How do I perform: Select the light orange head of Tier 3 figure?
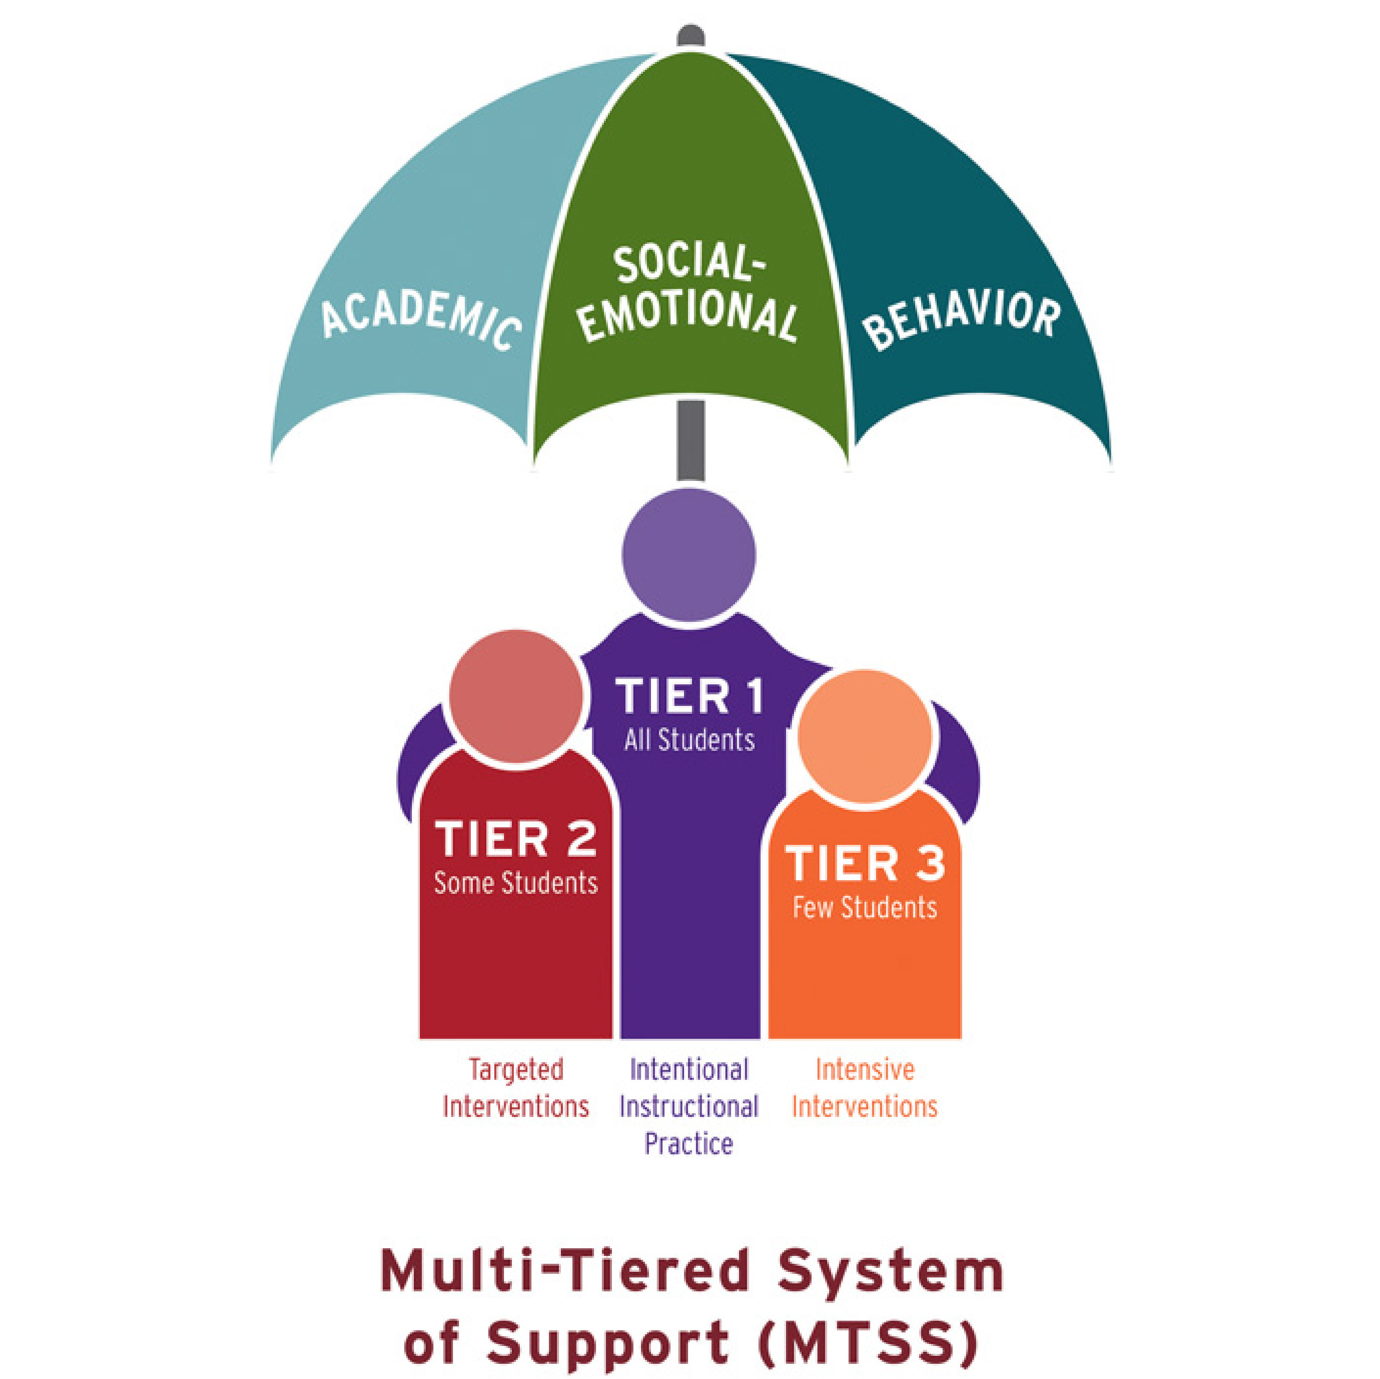click(864, 736)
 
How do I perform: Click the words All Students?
click(689, 740)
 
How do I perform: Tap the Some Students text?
click(516, 883)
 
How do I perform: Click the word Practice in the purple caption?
click(689, 1144)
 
